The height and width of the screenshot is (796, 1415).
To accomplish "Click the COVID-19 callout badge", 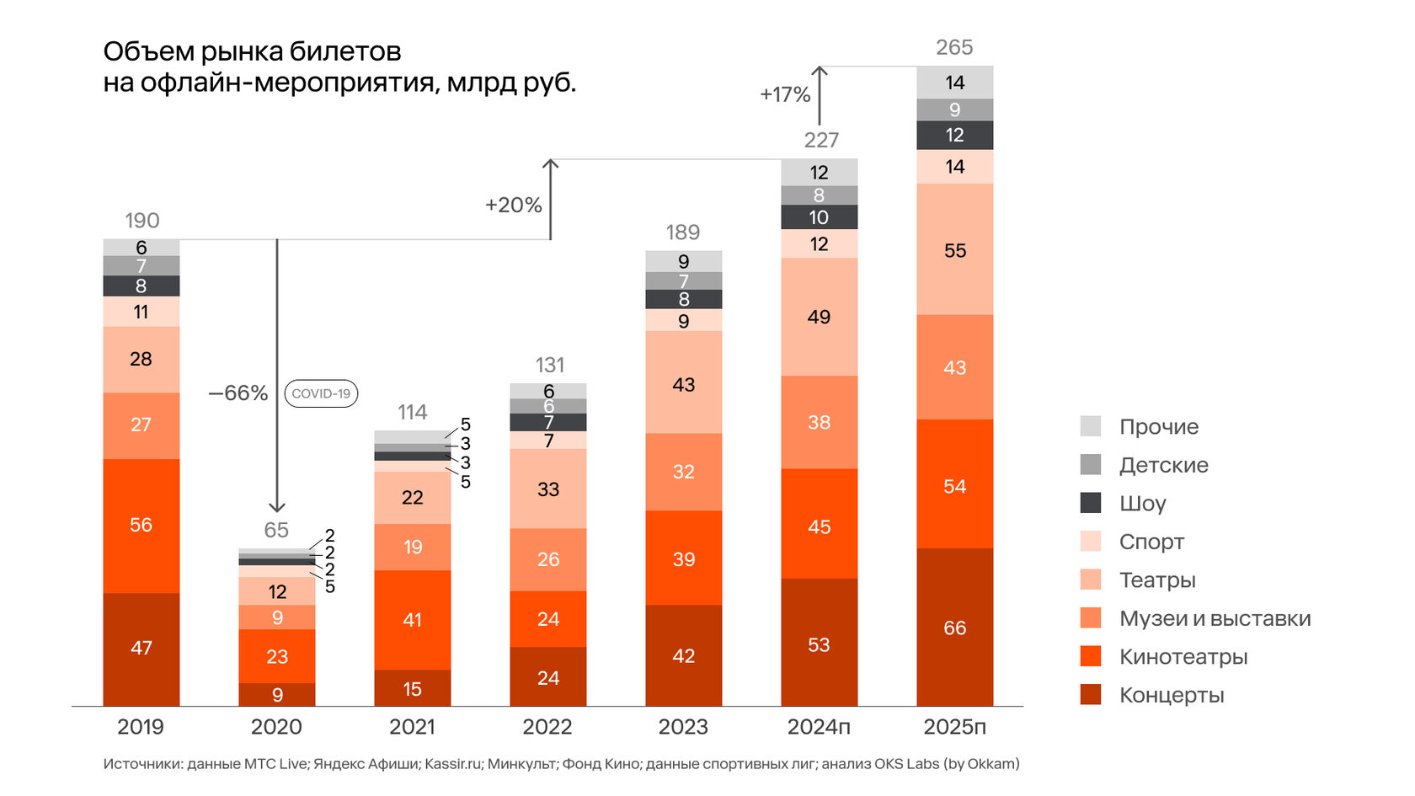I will tap(321, 393).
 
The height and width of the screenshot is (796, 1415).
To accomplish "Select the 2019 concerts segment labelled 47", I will tap(141, 649).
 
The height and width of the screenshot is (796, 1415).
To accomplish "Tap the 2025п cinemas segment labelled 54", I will tap(954, 485).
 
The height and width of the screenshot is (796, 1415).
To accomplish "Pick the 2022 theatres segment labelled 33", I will tap(548, 489).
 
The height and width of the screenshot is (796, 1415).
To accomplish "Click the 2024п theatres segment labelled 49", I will tap(819, 317).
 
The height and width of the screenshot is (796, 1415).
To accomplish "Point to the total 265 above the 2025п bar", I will tap(954, 48).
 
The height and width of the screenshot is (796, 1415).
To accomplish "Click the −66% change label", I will tap(238, 393).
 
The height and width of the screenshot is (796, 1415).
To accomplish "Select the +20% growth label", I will tap(513, 205).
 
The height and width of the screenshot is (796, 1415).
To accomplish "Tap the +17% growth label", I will tap(785, 94).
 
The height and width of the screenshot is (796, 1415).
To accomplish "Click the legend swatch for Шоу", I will tap(1091, 503).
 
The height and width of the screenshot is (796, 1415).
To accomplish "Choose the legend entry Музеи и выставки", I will tap(1215, 618).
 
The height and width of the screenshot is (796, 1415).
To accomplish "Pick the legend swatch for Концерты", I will tap(1091, 695).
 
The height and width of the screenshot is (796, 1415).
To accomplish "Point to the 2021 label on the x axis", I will tap(412, 727).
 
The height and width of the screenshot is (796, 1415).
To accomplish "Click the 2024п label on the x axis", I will tap(819, 727).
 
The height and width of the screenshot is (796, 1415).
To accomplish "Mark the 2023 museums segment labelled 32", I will tap(683, 472).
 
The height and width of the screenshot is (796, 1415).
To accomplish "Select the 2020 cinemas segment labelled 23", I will tap(277, 656).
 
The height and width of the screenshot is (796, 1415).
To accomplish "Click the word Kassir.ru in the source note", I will tap(453, 764).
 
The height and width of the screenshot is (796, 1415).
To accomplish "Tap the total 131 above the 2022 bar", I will tap(549, 366).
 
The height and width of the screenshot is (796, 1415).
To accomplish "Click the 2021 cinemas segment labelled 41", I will tap(412, 620).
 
